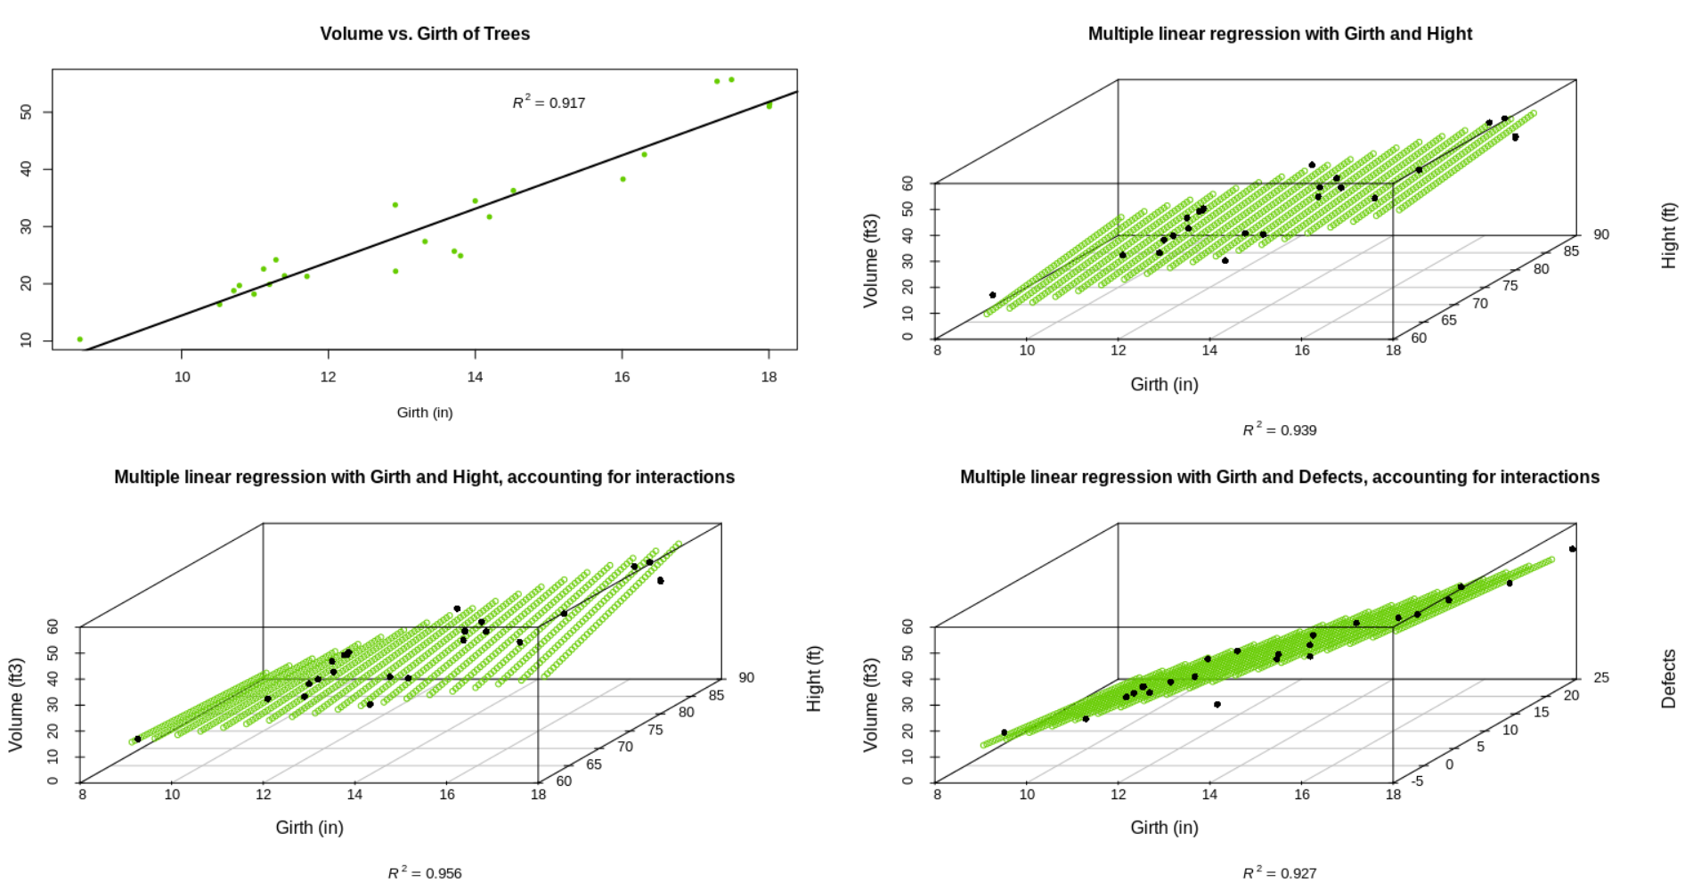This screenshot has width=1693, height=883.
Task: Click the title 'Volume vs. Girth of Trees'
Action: (x=425, y=34)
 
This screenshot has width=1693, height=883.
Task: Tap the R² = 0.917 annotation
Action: (x=549, y=102)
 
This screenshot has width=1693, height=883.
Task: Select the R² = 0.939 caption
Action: (x=1279, y=430)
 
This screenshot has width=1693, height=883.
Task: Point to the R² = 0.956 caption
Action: (x=425, y=873)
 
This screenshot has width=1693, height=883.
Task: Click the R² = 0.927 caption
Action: (x=1279, y=873)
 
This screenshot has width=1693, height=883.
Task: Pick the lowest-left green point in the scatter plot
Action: (x=80, y=339)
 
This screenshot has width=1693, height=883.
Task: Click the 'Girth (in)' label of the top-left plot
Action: (x=425, y=413)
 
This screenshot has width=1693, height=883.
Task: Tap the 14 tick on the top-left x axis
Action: (x=475, y=377)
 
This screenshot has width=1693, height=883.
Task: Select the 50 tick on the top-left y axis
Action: (x=26, y=112)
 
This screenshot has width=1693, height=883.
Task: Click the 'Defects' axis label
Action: (x=1669, y=679)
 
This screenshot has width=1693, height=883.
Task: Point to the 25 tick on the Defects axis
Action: (x=1601, y=678)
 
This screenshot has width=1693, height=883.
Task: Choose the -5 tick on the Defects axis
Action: (x=1417, y=781)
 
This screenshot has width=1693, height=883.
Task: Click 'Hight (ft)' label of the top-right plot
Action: (x=1669, y=235)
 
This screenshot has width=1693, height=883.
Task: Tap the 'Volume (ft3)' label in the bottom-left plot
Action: (x=16, y=705)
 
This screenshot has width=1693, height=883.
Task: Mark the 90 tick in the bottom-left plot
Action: (x=746, y=678)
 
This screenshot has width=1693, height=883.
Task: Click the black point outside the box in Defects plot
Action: (x=1573, y=549)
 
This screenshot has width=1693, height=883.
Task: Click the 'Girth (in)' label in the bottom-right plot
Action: (x=1164, y=828)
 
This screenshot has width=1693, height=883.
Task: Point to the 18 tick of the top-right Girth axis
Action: (x=1393, y=350)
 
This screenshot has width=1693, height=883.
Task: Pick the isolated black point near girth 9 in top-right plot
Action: (x=993, y=295)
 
